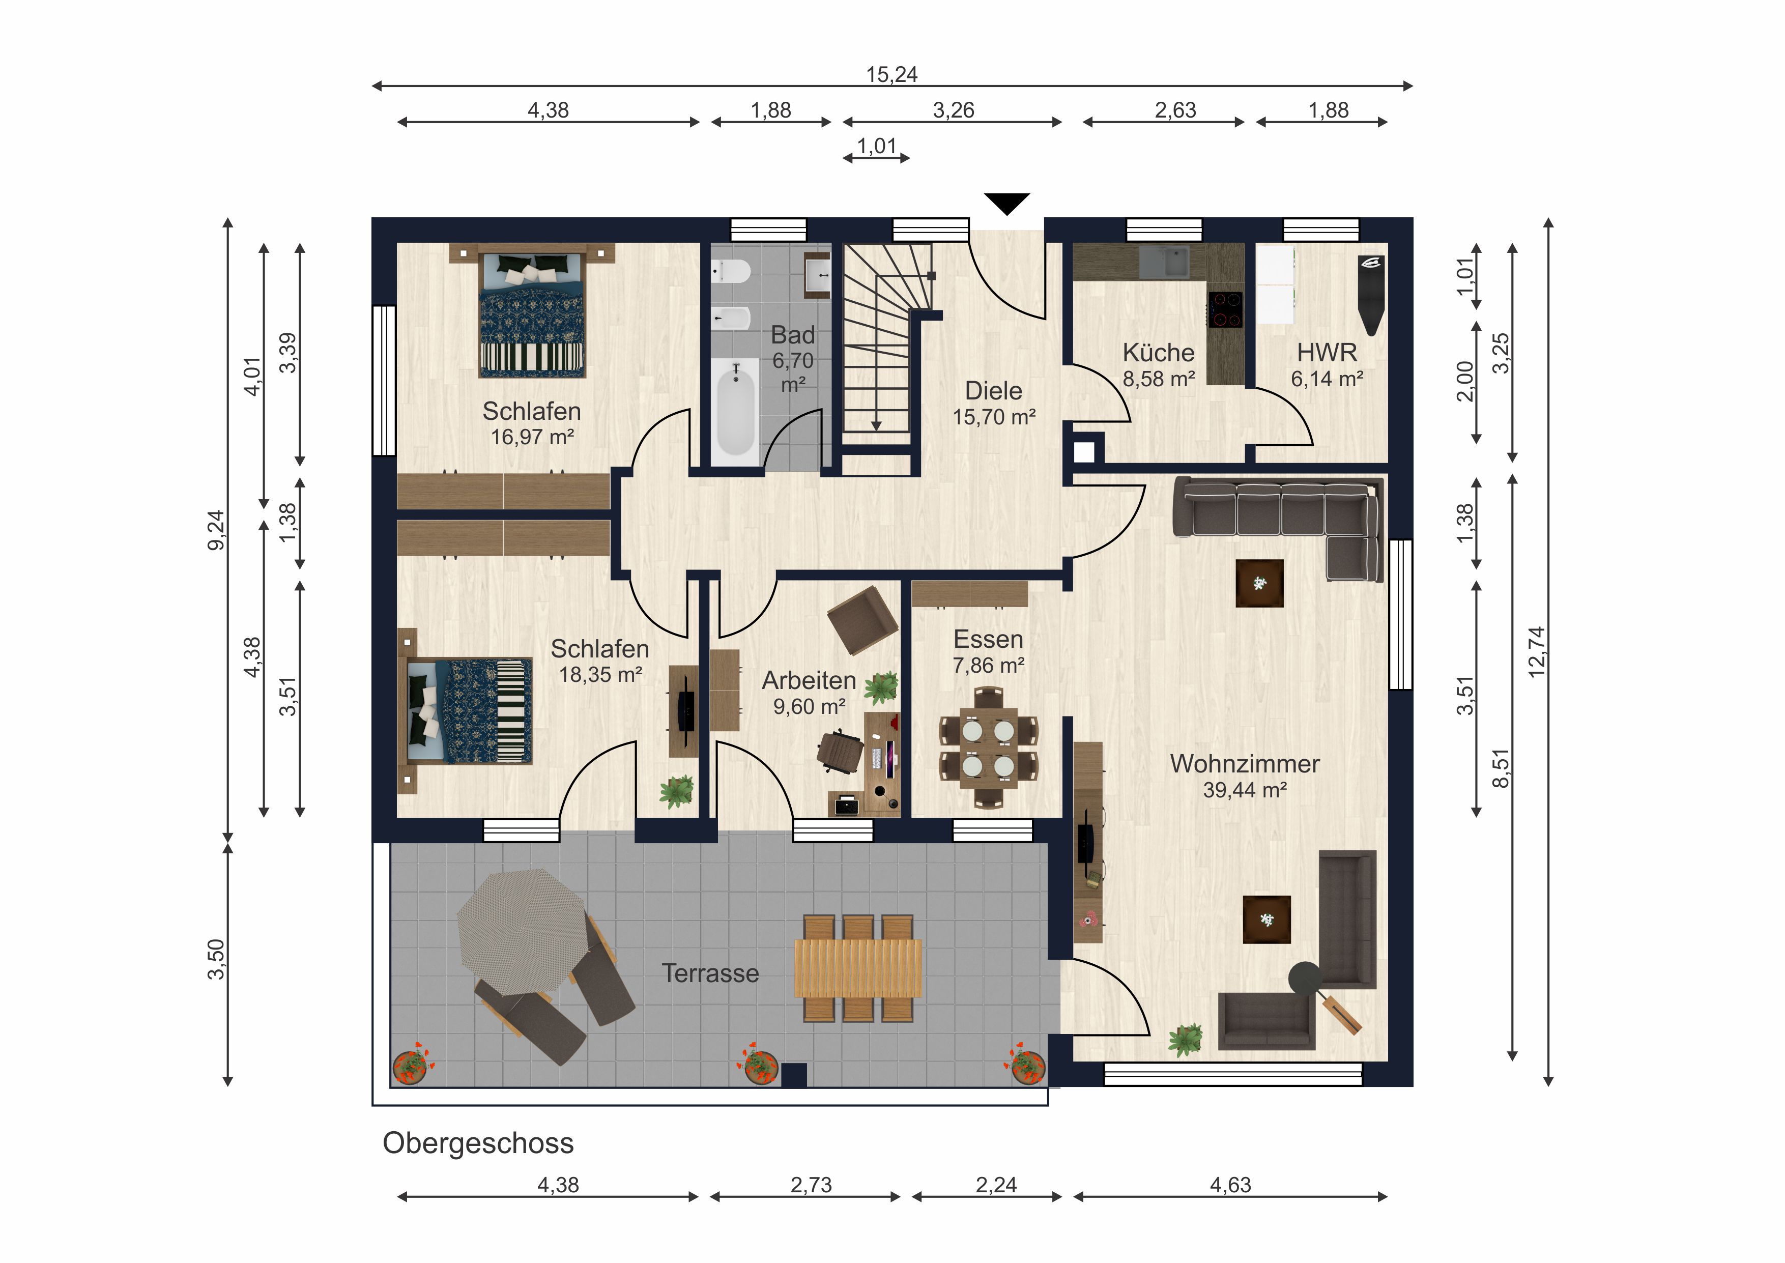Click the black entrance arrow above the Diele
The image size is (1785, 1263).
coord(1007,204)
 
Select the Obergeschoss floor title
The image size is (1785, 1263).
coord(478,1143)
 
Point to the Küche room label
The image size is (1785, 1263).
coord(1159,352)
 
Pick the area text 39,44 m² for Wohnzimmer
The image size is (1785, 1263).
coord(1245,790)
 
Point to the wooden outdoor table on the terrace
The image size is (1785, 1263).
coord(858,968)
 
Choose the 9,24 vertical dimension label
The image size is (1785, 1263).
coord(216,530)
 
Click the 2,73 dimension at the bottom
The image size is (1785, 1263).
coord(811,1185)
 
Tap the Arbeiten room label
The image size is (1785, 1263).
coord(809,680)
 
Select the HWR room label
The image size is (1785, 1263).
coord(1327,352)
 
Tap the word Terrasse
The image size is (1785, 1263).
coord(710,973)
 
